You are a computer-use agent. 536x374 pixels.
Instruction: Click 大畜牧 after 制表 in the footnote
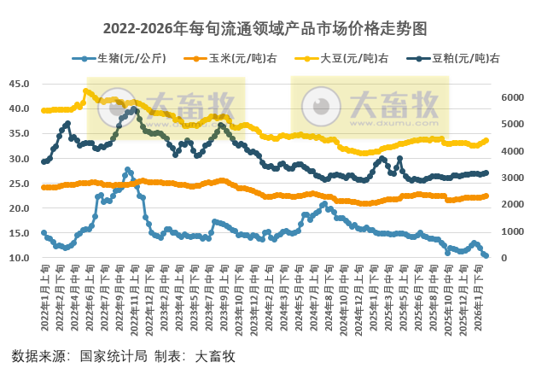pyautogui.click(x=215, y=355)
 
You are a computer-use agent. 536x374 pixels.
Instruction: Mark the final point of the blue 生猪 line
pyautogui.click(x=486, y=255)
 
